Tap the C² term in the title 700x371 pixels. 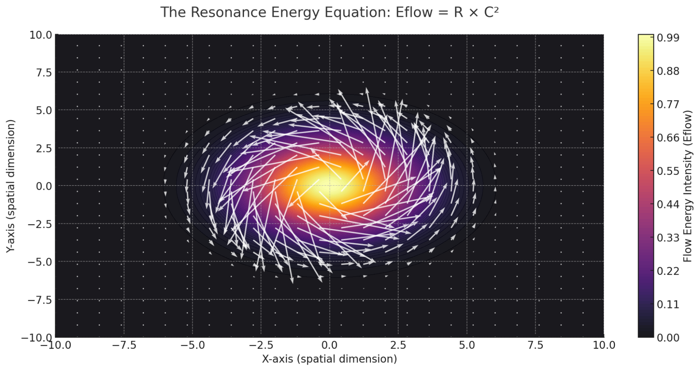pyautogui.click(x=491, y=12)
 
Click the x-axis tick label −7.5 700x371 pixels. pyautogui.click(x=124, y=345)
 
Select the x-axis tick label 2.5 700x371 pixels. pyautogui.click(x=398, y=345)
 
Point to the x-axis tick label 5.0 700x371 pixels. pyautogui.click(x=467, y=345)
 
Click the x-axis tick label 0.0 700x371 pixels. pyautogui.click(x=330, y=345)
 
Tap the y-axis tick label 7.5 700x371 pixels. pyautogui.click(x=44, y=73)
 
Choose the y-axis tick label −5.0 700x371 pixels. pyautogui.click(x=40, y=262)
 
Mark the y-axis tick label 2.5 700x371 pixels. pyautogui.click(x=44, y=148)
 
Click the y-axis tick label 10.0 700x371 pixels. pyautogui.click(x=41, y=35)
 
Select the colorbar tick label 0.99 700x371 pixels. pyautogui.click(x=668, y=38)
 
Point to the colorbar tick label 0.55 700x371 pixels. pyautogui.click(x=668, y=171)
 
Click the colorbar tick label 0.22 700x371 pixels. pyautogui.click(x=668, y=271)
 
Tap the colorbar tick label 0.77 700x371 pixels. pyautogui.click(x=668, y=104)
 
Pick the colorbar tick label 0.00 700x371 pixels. pyautogui.click(x=668, y=338)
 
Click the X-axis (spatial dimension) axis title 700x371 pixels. pyautogui.click(x=330, y=359)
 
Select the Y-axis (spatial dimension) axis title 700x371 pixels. pyautogui.click(x=11, y=186)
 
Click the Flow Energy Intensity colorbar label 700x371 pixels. pyautogui.click(x=688, y=186)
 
